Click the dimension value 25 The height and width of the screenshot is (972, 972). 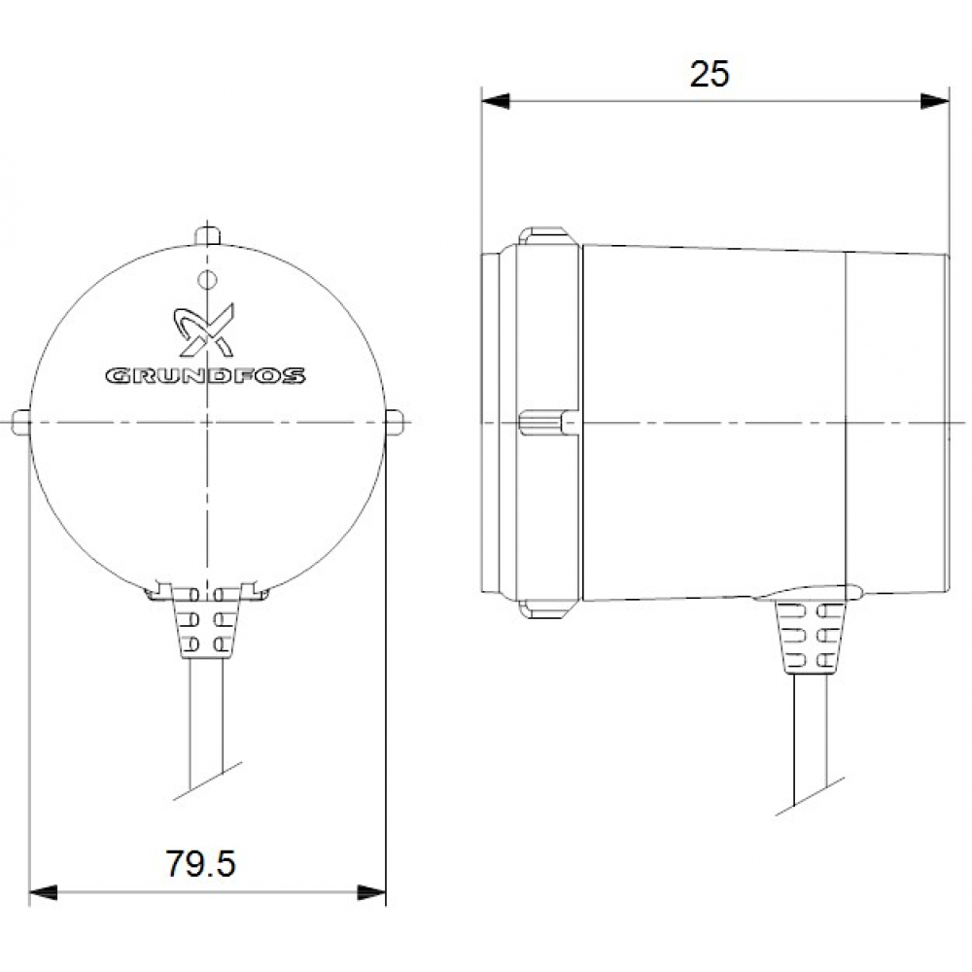pos(710,74)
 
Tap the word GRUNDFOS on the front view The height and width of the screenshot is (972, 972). pos(205,375)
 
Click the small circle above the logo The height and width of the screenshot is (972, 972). pos(205,280)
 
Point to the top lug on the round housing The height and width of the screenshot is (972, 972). pos(207,235)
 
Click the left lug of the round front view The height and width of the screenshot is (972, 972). pos(20,421)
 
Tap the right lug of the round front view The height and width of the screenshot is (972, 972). pos(394,421)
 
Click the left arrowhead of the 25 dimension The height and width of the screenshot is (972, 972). pos(496,101)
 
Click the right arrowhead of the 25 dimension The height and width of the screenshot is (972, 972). pos(935,101)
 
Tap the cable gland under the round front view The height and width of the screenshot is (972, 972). pos(206,628)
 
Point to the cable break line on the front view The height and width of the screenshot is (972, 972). pos(206,782)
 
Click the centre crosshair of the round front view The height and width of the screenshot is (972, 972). pos(207,421)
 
